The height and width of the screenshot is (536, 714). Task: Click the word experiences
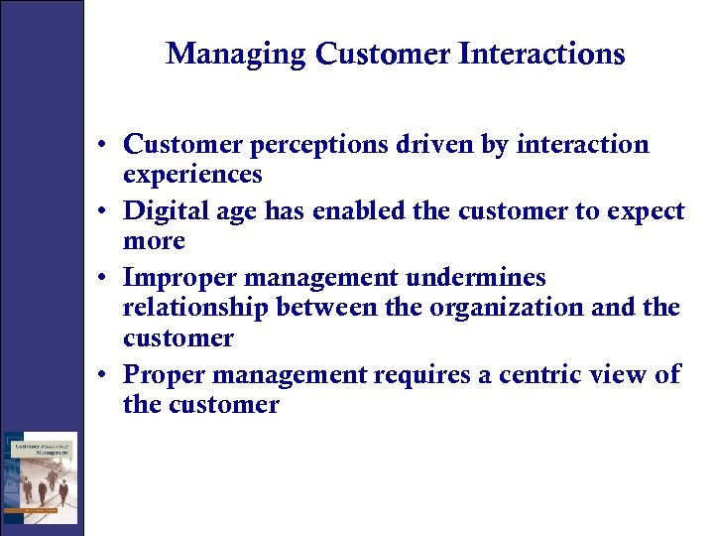click(x=192, y=176)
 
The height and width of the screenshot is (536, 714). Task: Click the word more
click(x=154, y=241)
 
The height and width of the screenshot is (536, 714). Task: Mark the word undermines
click(x=494, y=277)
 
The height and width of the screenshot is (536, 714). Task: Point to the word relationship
click(x=195, y=309)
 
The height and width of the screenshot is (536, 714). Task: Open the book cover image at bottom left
click(x=40, y=477)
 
